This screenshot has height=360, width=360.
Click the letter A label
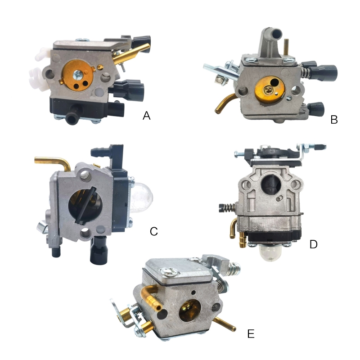147,116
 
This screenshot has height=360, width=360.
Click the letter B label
334,120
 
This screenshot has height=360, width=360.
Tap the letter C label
154,231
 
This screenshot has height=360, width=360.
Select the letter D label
313,244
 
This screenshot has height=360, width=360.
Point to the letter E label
251,333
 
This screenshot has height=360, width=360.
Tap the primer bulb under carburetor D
269,252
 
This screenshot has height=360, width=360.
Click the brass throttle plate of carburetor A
77,75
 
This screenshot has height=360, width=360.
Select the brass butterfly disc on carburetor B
270,90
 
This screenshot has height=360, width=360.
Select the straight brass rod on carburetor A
131,54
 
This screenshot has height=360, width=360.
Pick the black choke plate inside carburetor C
85,205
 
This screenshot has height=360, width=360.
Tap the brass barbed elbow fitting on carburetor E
151,296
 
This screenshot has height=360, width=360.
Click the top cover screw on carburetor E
170,272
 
